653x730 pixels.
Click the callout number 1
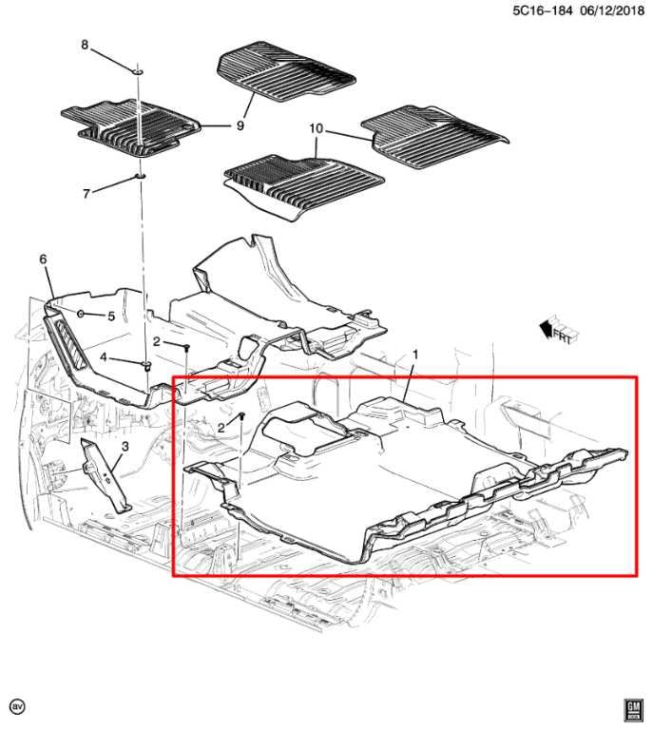click(415, 355)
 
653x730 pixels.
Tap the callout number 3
click(125, 447)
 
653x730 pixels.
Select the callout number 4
click(104, 357)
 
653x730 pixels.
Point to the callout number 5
click(111, 317)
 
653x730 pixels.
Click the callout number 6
click(44, 259)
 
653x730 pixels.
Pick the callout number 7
click(86, 193)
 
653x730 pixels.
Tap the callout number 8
click(85, 45)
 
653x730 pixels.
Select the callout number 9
click(240, 125)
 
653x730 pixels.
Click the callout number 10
click(316, 128)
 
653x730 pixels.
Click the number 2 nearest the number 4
click(157, 342)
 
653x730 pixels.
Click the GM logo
click(633, 710)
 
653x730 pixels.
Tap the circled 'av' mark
click(18, 707)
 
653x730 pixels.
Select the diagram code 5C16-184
click(542, 10)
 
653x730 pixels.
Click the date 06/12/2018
click(612, 10)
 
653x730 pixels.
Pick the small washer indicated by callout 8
click(138, 71)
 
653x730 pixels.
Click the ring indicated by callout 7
click(140, 176)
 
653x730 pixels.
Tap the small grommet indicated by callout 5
click(80, 314)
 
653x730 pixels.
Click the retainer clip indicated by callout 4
click(146, 365)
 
